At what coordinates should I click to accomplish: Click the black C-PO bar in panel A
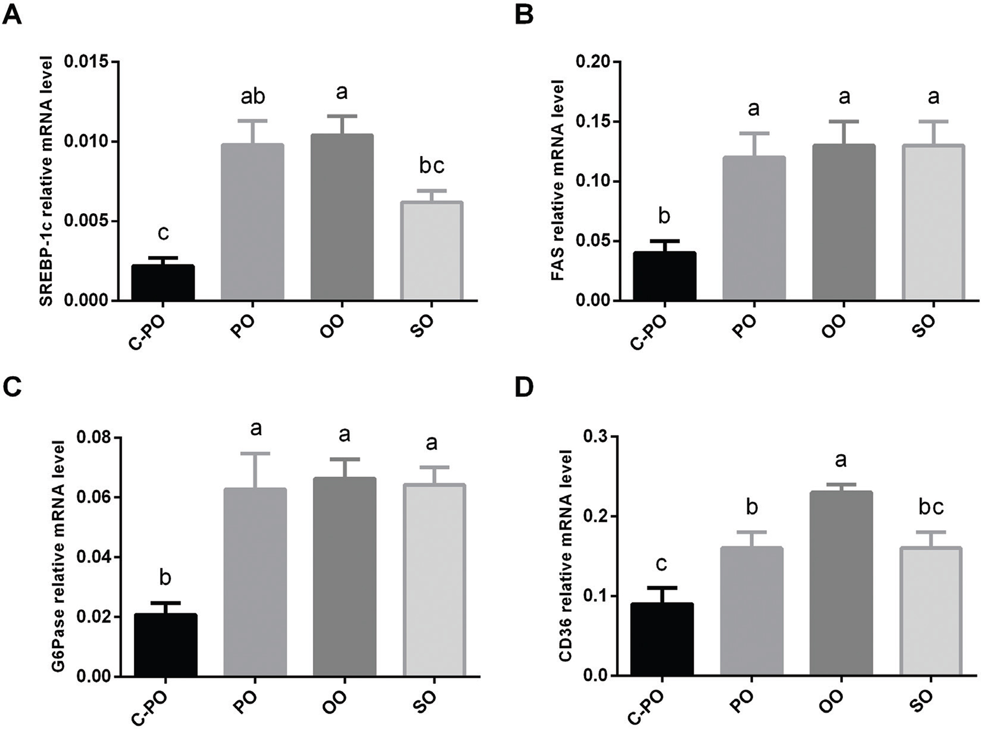click(x=162, y=283)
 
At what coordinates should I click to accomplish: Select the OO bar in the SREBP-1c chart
click(x=342, y=217)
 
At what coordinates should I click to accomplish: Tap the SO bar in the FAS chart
click(x=933, y=223)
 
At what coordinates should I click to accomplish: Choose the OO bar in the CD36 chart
click(x=841, y=583)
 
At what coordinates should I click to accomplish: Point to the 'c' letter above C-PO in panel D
click(x=662, y=564)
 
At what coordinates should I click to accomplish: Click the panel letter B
click(x=524, y=14)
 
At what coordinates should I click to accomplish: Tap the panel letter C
click(x=12, y=388)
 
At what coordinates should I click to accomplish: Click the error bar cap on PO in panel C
click(x=255, y=453)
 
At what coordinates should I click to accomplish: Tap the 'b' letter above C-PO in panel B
click(x=665, y=215)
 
